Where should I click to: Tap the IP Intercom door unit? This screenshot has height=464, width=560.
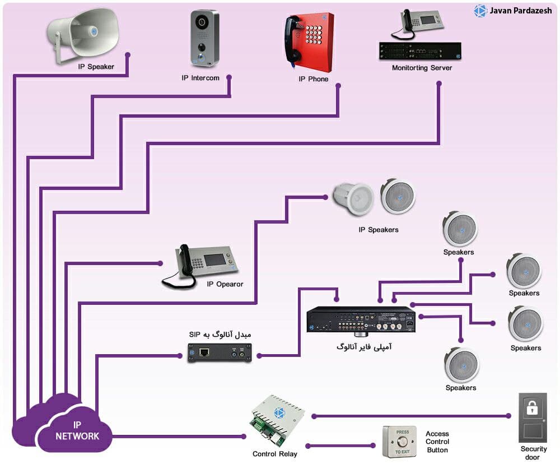click(x=204, y=38)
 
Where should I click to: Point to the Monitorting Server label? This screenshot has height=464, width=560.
click(x=422, y=68)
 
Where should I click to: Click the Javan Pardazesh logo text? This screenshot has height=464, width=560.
click(x=520, y=11)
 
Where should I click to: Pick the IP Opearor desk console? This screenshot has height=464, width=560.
click(x=200, y=265)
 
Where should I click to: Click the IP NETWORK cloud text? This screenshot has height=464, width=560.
click(x=77, y=430)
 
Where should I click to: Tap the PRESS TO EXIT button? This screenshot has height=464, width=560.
click(x=400, y=442)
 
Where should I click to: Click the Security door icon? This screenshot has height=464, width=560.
click(x=533, y=417)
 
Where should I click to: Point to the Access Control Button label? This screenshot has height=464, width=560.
click(x=437, y=442)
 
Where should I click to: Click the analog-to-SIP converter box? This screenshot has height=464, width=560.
click(x=220, y=353)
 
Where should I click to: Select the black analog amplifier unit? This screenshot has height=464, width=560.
click(x=361, y=320)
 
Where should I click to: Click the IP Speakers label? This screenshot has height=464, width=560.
click(x=379, y=230)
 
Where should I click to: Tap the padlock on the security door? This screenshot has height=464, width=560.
click(x=532, y=407)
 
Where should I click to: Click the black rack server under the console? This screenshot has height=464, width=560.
click(x=420, y=51)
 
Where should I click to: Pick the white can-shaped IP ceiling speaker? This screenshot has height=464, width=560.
click(x=353, y=199)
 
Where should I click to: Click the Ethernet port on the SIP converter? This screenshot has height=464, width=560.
click(x=204, y=352)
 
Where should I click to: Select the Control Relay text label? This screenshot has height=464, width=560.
click(x=274, y=454)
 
